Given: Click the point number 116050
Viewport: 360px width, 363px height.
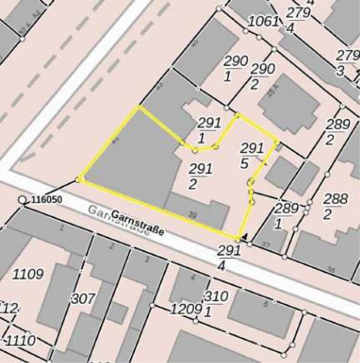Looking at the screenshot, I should point(46,199).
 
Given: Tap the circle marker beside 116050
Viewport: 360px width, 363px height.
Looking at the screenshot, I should point(22,200).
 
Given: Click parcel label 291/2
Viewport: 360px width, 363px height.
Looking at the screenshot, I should point(193,175).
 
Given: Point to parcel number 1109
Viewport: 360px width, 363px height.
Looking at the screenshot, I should point(28,275).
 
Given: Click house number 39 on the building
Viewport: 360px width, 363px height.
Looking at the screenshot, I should point(193,215).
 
